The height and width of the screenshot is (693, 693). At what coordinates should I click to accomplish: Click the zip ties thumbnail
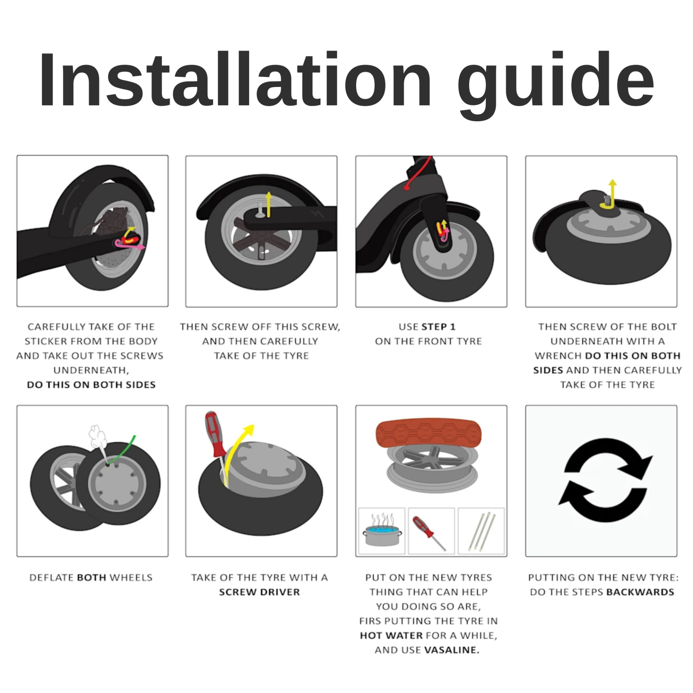(481, 531)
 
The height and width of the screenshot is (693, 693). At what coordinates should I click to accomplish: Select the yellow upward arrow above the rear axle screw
(268, 205)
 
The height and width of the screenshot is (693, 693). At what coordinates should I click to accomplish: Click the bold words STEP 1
(438, 327)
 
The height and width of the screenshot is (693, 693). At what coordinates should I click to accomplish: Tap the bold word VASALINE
(452, 650)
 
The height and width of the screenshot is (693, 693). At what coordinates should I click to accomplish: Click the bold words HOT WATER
(391, 635)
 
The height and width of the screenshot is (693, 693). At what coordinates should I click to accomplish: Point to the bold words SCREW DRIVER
(260, 592)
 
